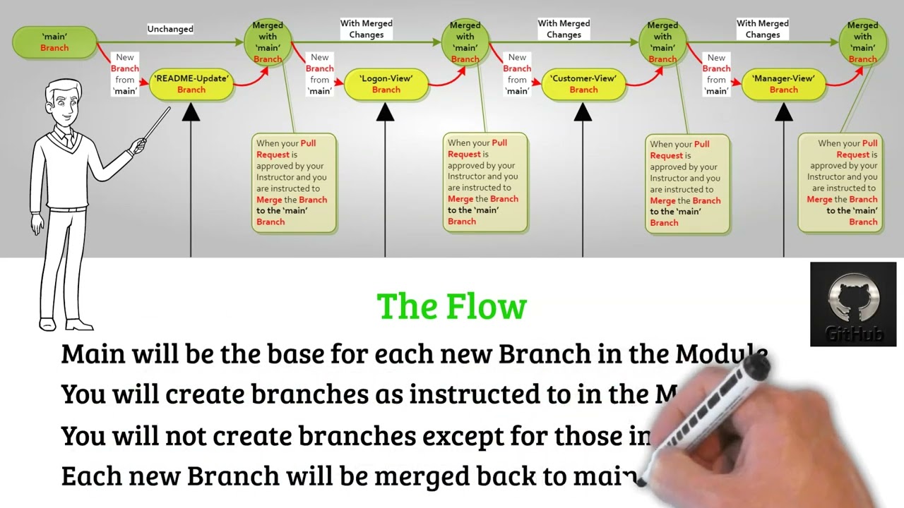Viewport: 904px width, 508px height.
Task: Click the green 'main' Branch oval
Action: click(x=54, y=42)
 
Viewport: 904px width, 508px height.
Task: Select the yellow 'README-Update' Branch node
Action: click(x=191, y=84)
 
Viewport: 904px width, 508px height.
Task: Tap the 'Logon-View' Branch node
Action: click(x=386, y=84)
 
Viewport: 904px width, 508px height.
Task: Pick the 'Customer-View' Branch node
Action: click(x=583, y=84)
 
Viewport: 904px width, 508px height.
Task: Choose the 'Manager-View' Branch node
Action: click(x=783, y=84)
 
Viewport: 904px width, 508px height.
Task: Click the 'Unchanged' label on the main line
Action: click(x=170, y=29)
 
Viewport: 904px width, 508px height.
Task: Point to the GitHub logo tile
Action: click(x=853, y=304)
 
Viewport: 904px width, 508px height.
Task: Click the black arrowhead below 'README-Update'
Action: click(x=191, y=113)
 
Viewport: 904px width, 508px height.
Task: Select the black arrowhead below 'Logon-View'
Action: click(x=385, y=113)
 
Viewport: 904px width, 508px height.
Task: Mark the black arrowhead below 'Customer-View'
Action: click(x=583, y=113)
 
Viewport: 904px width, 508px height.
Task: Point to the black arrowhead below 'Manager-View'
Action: click(x=784, y=113)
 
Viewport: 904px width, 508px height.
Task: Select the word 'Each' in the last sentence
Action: click(x=87, y=476)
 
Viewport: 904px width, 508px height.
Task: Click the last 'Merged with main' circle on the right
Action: click(x=862, y=42)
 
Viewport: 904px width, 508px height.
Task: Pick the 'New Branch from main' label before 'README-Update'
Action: click(x=125, y=74)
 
